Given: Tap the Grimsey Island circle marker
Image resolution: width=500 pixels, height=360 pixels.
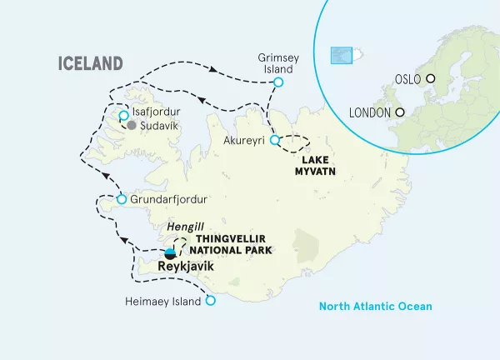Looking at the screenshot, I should pos(278,82).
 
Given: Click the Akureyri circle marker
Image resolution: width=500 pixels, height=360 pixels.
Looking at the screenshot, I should pos(275,140).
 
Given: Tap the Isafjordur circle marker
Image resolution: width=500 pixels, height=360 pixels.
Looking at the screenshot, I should pos(123,115).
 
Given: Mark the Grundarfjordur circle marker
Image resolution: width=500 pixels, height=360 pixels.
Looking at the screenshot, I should pos(122,200).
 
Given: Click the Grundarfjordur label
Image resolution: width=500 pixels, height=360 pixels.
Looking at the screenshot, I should pos(167,200).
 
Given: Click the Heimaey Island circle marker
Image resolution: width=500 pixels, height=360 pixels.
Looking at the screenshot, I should pos(210,302).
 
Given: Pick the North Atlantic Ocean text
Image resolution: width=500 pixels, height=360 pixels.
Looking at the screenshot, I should pos(376,307).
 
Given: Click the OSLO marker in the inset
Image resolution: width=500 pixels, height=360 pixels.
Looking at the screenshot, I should pos(431,78).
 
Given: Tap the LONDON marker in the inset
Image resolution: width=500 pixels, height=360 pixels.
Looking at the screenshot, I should pos(400,112).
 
